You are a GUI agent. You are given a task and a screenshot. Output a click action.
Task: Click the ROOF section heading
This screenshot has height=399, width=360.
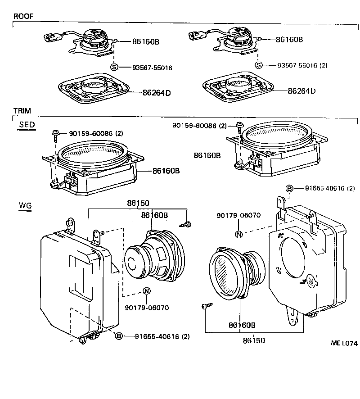click(23, 16)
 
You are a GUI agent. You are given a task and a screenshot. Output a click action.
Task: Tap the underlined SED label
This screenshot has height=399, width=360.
click(27, 125)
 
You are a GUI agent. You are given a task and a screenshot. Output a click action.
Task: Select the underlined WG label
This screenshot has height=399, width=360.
click(25, 206)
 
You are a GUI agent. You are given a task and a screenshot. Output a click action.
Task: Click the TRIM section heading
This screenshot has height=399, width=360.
click(22, 111)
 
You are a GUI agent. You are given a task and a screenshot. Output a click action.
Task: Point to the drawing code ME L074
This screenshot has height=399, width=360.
click(344, 343)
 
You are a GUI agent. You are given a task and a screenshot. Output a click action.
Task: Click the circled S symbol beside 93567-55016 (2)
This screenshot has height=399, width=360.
click(259, 65)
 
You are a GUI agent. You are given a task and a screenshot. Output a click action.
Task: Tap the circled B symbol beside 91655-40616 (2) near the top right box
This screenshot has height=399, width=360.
click(290, 188)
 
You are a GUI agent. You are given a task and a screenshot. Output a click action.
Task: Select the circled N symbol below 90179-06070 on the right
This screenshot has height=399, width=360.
click(239, 234)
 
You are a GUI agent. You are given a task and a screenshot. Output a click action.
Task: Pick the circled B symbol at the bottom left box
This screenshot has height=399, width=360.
click(119, 336)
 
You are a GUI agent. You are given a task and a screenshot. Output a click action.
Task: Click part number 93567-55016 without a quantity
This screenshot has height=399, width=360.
click(152, 68)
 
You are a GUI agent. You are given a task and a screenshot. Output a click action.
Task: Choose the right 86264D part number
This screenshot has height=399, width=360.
click(302, 91)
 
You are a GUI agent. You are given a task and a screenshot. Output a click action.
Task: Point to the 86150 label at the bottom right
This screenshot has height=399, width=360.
click(254, 340)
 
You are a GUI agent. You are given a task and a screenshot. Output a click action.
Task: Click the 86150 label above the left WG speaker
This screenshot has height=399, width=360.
click(138, 204)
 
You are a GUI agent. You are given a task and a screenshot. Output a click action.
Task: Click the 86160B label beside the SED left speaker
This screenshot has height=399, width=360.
click(166, 171)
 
